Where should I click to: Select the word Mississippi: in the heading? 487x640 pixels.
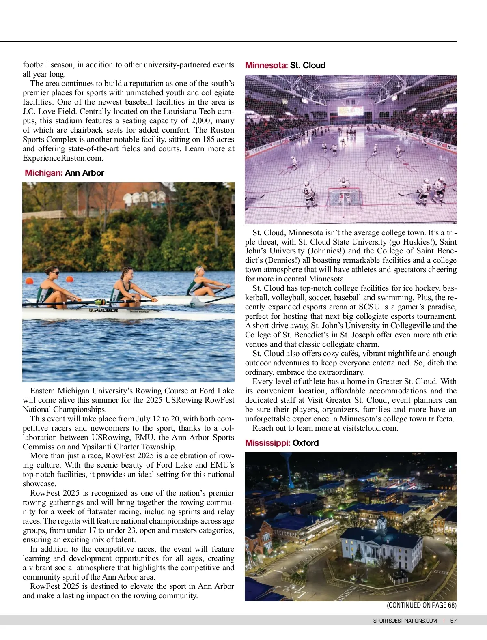tap(268, 443)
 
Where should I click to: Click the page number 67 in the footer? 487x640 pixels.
tap(453, 621)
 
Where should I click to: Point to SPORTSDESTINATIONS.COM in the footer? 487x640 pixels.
tap(405, 621)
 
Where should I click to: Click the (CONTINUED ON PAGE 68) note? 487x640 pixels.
tap(422, 605)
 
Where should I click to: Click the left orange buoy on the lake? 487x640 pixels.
tap(29, 281)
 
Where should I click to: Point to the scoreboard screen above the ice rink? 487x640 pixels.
tap(351, 110)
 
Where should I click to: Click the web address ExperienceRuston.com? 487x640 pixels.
tap(63, 158)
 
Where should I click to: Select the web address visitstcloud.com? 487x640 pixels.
tap(370, 428)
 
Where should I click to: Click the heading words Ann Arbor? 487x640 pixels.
tap(84, 173)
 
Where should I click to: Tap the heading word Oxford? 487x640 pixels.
tap(306, 443)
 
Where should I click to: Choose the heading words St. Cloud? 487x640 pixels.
tap(308, 65)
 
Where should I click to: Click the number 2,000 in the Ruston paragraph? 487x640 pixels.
tap(202, 121)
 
